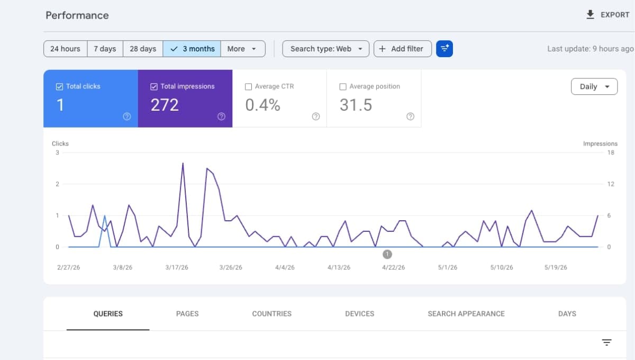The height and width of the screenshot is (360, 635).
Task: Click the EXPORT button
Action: (x=607, y=15)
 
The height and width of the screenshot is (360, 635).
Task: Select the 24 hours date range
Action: (x=65, y=49)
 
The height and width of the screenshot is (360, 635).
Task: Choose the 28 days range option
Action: (x=143, y=49)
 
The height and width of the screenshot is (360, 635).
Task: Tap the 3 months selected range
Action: (x=192, y=49)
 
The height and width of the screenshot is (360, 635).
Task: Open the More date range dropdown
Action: (x=243, y=49)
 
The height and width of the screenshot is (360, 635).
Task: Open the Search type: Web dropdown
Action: (x=326, y=49)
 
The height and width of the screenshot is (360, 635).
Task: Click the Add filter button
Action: (x=403, y=49)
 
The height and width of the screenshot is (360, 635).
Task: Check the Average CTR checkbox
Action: (x=248, y=86)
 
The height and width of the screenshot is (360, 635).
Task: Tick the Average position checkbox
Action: (x=343, y=86)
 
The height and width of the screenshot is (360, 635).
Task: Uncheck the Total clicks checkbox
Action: (x=59, y=86)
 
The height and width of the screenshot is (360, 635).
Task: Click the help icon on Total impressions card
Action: (x=221, y=116)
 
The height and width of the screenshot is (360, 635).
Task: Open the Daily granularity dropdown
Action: (x=594, y=86)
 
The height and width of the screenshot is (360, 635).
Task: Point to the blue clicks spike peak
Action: (x=105, y=216)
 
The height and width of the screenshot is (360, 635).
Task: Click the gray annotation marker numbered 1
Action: (x=387, y=254)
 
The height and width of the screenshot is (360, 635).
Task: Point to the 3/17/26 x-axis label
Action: (x=177, y=267)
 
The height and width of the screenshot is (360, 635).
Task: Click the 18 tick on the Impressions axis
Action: (x=611, y=152)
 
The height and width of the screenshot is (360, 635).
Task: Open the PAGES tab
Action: (x=187, y=313)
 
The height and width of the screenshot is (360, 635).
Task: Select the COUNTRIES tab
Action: (x=272, y=313)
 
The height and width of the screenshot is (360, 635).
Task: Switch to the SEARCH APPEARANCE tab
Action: (x=466, y=313)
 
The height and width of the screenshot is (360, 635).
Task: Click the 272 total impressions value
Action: (x=165, y=105)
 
